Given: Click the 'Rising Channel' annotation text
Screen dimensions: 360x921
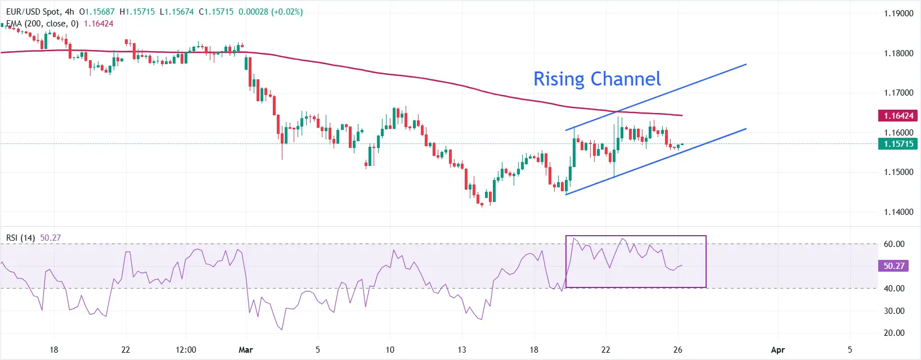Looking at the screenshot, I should pos(597,79).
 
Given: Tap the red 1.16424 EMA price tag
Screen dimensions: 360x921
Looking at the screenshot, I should pos(898,116).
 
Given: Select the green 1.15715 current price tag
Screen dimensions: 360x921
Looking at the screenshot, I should pos(898,144).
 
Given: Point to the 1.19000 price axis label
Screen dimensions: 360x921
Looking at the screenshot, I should pos(898,13).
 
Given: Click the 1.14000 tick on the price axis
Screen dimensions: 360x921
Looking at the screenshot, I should pos(898,212).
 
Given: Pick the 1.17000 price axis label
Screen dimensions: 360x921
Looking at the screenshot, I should pos(898,93).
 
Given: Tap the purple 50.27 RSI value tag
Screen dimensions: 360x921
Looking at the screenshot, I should pos(893,266).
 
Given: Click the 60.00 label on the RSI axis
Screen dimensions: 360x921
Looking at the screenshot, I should pos(894,244).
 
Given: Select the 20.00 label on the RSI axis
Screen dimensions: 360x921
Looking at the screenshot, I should pos(894,333).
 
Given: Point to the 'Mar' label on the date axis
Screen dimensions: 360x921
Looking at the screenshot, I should pos(246,350).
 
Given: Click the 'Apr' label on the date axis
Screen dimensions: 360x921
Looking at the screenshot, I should pos(778,350).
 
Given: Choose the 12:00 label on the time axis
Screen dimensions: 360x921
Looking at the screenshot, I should pos(186,350).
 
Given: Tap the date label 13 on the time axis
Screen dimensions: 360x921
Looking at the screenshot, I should pos(462,350).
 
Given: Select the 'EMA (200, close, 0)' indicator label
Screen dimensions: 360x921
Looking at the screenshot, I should pos(42,24).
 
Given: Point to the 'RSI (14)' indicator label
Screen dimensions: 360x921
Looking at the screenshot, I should pos(20,238).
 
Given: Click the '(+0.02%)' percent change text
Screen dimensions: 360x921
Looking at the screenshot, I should pos(287,12).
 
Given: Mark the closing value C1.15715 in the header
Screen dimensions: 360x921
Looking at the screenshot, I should pos(216,12).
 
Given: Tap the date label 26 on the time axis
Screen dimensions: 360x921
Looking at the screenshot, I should pos(678,350).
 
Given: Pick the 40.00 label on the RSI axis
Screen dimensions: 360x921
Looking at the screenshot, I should pos(894,289).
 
